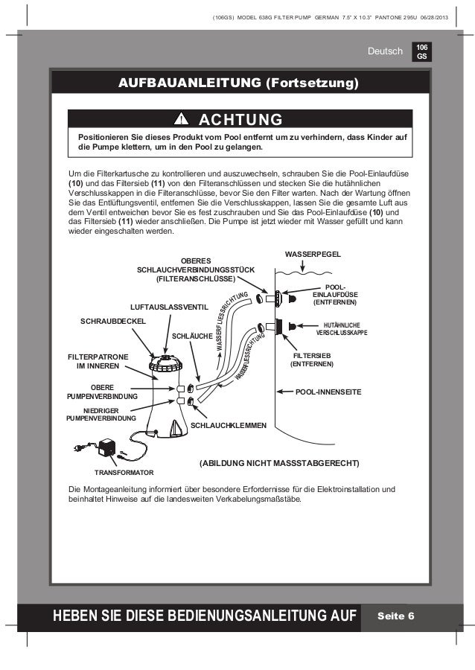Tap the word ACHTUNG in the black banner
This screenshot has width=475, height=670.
point(240,120)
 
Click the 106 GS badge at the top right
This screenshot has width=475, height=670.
point(422,51)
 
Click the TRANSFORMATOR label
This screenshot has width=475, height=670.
point(124,473)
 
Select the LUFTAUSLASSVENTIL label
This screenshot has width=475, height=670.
point(164,306)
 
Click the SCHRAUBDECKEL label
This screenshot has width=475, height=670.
point(113,320)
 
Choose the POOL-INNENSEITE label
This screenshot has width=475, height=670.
point(328,389)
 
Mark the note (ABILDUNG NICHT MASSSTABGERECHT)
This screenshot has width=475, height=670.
point(279,463)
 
